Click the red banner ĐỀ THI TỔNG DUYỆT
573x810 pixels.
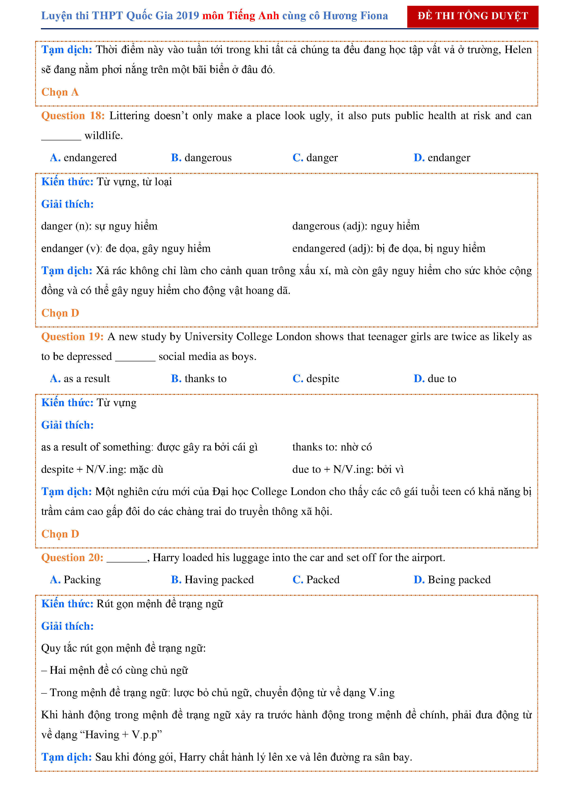tap(472, 16)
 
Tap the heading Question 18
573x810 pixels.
tap(73, 116)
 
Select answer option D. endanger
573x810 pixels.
tap(442, 158)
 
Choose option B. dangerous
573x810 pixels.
tap(201, 158)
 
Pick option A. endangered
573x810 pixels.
tap(83, 158)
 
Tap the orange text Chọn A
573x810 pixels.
tap(60, 92)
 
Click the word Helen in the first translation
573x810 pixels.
tap(518, 50)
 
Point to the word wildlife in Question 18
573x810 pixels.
tap(104, 136)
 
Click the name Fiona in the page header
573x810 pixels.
tap(374, 16)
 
